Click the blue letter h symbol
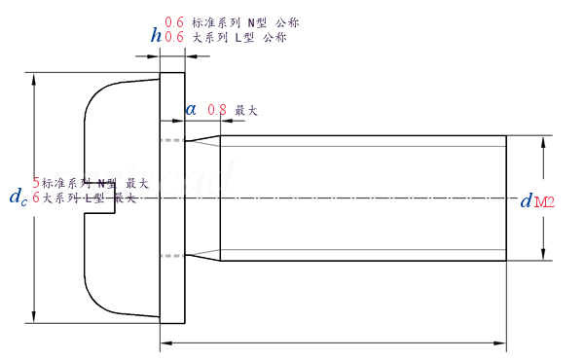156,35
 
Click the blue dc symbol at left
18,198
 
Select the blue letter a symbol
192,110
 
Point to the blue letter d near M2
526,202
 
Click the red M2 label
544,202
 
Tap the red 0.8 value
216,110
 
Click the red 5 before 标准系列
37,182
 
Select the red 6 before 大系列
37,198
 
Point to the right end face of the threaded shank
506,198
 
